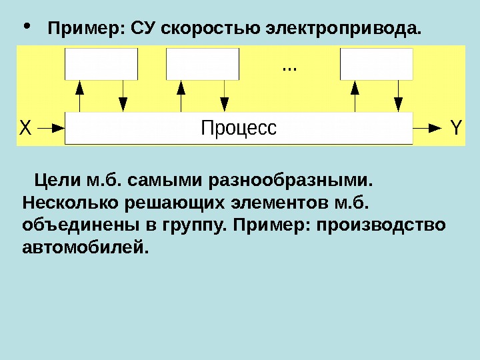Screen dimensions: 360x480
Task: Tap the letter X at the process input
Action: (25, 127)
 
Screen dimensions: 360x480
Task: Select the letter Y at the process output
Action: (456, 127)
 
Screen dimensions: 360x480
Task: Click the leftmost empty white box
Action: (101, 63)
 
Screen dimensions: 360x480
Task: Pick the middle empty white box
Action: (202, 63)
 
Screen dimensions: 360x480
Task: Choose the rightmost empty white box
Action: (377, 63)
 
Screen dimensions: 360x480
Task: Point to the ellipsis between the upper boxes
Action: (290, 68)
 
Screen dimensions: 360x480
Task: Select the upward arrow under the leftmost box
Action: (80, 96)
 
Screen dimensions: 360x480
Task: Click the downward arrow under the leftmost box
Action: (123, 96)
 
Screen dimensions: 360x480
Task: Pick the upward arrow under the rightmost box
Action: (355, 96)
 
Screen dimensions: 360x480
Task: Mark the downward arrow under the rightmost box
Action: (398, 96)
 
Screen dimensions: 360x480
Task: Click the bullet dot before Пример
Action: (27, 28)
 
